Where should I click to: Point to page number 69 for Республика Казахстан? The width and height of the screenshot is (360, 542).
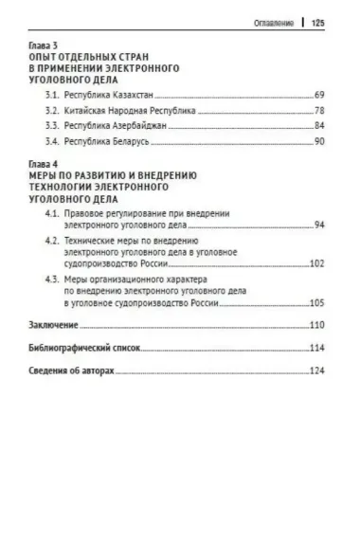[x=319, y=96]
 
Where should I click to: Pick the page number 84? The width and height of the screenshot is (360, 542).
[x=319, y=126]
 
